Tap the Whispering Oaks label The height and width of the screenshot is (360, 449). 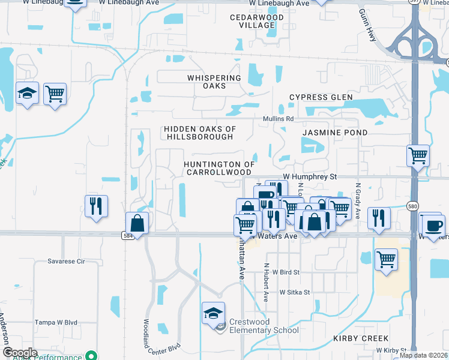tap(214, 82)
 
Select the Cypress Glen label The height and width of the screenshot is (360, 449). tap(321, 97)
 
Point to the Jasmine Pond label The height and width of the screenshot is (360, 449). tap(334, 132)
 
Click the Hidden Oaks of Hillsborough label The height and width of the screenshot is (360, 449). tap(199, 133)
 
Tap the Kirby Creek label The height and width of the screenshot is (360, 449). tap(361, 338)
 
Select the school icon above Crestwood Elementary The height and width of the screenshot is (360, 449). tap(213, 314)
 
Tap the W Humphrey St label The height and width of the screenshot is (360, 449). tap(310, 177)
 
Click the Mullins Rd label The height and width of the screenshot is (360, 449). tap(278, 119)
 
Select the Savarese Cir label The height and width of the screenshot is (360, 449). tap(67, 262)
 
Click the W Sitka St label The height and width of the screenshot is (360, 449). tap(294, 292)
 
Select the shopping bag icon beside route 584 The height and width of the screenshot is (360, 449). tap(138, 223)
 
